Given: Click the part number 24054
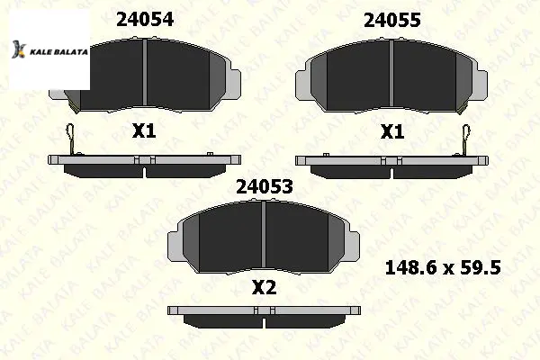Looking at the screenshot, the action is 145,19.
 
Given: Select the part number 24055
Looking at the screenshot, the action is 391,20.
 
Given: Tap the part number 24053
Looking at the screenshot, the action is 265,187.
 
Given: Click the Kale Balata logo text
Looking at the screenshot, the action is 58,52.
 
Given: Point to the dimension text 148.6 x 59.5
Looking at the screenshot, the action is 443,267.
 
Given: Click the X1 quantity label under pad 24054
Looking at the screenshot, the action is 144,131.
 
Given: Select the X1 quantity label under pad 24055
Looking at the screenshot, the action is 392,132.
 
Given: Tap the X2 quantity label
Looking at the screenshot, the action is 264,288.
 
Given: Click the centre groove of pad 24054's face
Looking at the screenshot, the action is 145,72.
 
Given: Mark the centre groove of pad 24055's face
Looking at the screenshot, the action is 391,73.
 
